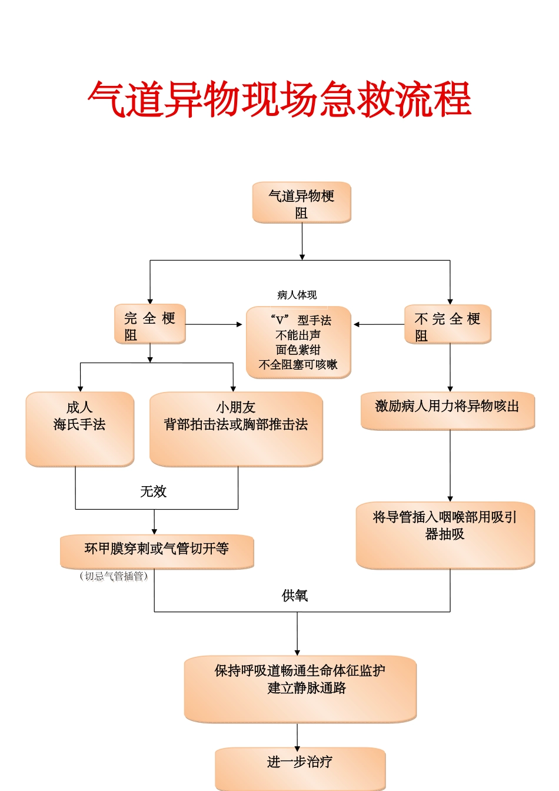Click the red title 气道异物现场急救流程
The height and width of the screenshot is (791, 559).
coord(279,99)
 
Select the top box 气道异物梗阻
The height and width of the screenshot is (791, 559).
coord(301,202)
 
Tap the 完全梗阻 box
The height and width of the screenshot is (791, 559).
coord(150,324)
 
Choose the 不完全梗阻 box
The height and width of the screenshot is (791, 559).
coord(447,324)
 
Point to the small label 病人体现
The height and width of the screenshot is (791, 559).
coord(297,295)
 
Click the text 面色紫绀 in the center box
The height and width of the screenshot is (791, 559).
coord(298,350)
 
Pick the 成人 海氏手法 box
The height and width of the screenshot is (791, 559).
coord(80,429)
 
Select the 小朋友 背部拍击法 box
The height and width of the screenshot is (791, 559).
coord(236,429)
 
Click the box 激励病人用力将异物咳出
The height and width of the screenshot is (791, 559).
coord(447,410)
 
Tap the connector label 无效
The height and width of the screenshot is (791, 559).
coord(154,491)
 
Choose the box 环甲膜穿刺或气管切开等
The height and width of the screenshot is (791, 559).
coord(157,551)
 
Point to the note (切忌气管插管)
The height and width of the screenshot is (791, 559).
coord(114,576)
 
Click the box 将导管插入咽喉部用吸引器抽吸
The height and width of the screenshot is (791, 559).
coord(445,535)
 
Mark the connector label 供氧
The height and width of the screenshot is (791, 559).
coord(295,596)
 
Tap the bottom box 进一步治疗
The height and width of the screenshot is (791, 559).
coord(300,767)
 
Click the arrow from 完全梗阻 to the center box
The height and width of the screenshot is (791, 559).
coord(215,324)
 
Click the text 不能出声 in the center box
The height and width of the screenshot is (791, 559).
coord(298,335)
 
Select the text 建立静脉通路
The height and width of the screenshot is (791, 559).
coord(307,687)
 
